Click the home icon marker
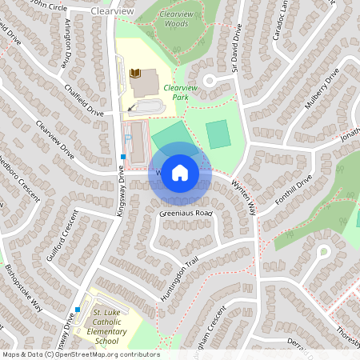pyautogui.click(x=180, y=171)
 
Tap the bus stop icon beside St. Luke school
pyautogui.click(x=78, y=309)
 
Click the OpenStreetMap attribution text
pyautogui.click(x=80, y=354)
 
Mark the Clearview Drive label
pyautogui.click(x=55, y=142)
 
